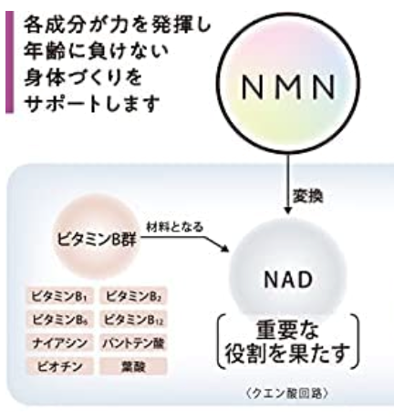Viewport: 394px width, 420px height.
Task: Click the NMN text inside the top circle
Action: click(288, 87)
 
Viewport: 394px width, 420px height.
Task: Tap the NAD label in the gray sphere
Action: click(288, 280)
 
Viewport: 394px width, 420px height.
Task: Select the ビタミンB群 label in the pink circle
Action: click(97, 240)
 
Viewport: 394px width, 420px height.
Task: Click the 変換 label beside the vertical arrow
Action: click(307, 196)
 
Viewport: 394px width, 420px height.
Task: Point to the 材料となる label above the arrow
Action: click(175, 227)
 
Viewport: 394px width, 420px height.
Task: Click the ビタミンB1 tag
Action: click(60, 296)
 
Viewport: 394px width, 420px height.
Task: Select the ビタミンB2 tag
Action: click(133, 296)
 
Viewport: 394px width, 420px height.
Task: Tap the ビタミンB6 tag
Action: click(60, 320)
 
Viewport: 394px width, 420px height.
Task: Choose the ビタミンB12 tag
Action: click(133, 320)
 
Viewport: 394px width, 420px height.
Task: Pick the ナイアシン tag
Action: click(60, 343)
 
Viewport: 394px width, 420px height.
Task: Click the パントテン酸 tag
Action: click(133, 343)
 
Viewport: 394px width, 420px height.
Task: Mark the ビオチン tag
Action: click(60, 366)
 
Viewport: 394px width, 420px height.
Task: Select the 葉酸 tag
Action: click(133, 366)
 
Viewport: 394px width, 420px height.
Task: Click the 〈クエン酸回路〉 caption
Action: click(287, 394)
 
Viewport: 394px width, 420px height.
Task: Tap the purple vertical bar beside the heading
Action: click(10, 62)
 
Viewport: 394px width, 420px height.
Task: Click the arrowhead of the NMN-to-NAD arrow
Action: click(288, 210)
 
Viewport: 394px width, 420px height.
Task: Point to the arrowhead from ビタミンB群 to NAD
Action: click(224, 249)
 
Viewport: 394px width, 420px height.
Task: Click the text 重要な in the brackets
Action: click(287, 330)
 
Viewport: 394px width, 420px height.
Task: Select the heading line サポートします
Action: click(92, 103)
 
